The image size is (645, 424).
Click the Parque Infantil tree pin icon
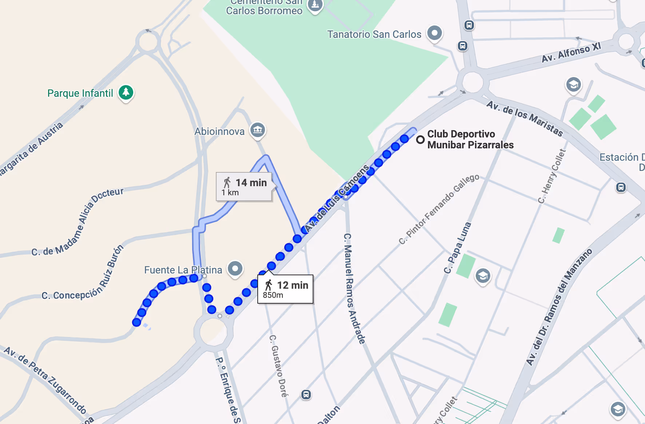coord(126,92)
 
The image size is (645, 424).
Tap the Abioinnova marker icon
coord(258,130)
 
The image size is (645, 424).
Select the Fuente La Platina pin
coord(235,269)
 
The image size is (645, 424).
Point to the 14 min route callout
coord(244,187)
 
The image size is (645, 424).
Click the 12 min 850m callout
coord(285,289)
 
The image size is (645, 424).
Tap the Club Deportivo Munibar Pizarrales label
coord(470,139)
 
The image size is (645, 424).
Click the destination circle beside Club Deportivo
coord(420,139)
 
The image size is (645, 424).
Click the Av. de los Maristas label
coord(525,119)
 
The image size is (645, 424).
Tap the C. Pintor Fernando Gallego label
coord(439,209)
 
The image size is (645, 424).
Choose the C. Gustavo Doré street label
coord(279,366)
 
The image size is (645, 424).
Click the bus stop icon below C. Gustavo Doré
coord(306,395)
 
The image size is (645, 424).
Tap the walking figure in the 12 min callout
coord(269,285)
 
